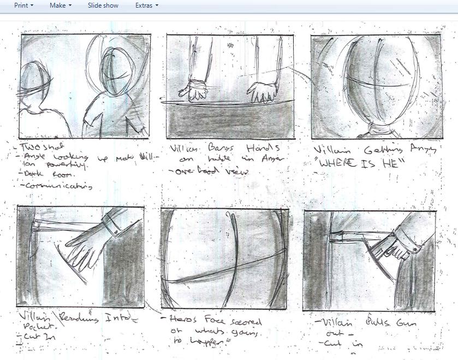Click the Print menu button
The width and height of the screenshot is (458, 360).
tap(23, 5)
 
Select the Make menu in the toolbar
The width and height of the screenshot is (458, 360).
tap(60, 5)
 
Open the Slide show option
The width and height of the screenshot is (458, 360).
tap(103, 5)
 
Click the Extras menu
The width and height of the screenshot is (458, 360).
tap(146, 5)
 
